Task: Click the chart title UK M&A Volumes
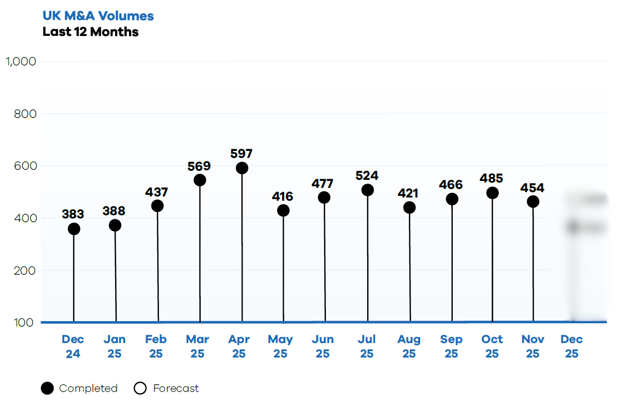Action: point(98,16)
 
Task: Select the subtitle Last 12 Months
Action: point(90,32)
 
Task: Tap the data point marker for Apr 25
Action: point(242,168)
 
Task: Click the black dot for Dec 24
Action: point(74,229)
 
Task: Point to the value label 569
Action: point(199,166)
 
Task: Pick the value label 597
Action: point(241,154)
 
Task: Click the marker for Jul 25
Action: point(368,190)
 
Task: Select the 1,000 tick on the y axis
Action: point(21,62)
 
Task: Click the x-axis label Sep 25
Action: point(451,346)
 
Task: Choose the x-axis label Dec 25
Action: point(572,346)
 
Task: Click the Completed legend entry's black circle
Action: point(48,389)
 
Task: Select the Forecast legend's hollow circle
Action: point(140,389)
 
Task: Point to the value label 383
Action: point(73,215)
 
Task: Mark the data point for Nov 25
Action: point(533,202)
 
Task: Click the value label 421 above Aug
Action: point(409,193)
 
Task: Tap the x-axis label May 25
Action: point(280,346)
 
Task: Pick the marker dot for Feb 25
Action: point(157,206)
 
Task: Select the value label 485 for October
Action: point(492,179)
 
